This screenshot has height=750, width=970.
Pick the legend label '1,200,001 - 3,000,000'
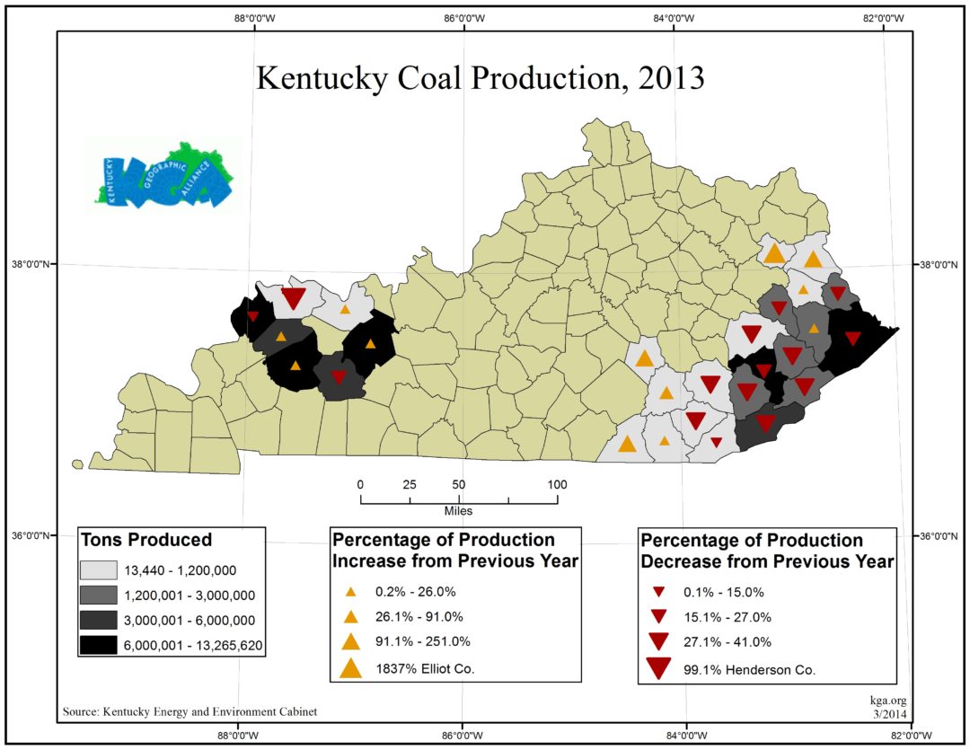(191, 595)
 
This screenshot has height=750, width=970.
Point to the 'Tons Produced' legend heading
(147, 540)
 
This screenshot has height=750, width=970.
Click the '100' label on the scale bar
(557, 485)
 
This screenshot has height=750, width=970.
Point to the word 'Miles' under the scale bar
(458, 510)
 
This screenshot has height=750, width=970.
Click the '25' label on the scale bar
(409, 485)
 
